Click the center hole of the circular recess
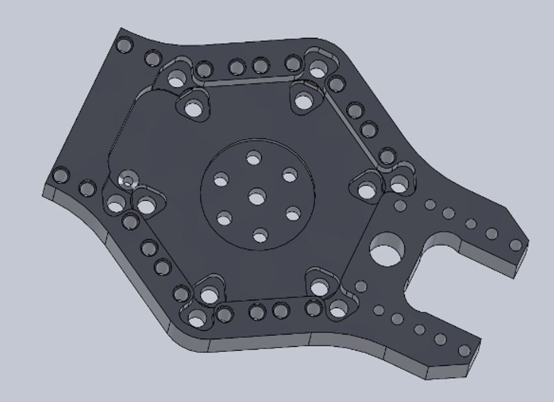[257, 199]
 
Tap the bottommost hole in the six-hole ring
[260, 237]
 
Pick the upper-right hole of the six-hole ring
[290, 176]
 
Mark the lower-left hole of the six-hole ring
[224, 219]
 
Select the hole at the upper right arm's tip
[515, 245]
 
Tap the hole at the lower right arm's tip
[464, 350]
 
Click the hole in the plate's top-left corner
[125, 45]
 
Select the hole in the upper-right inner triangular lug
[303, 102]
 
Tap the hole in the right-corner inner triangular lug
[366, 189]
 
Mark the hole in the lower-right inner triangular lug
[319, 287]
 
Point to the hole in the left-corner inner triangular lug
[145, 206]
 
